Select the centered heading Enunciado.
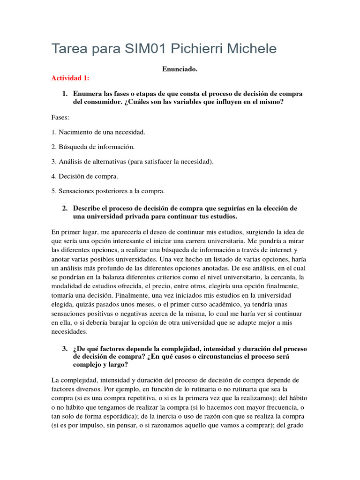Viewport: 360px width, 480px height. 180,69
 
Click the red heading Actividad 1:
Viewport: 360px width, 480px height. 70,78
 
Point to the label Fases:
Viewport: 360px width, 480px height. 60,117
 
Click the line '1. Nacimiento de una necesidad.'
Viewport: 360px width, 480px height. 98,132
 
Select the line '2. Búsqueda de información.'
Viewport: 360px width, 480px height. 93,147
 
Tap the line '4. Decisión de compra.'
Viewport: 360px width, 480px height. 85,176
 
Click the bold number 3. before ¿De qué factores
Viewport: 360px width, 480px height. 65,349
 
